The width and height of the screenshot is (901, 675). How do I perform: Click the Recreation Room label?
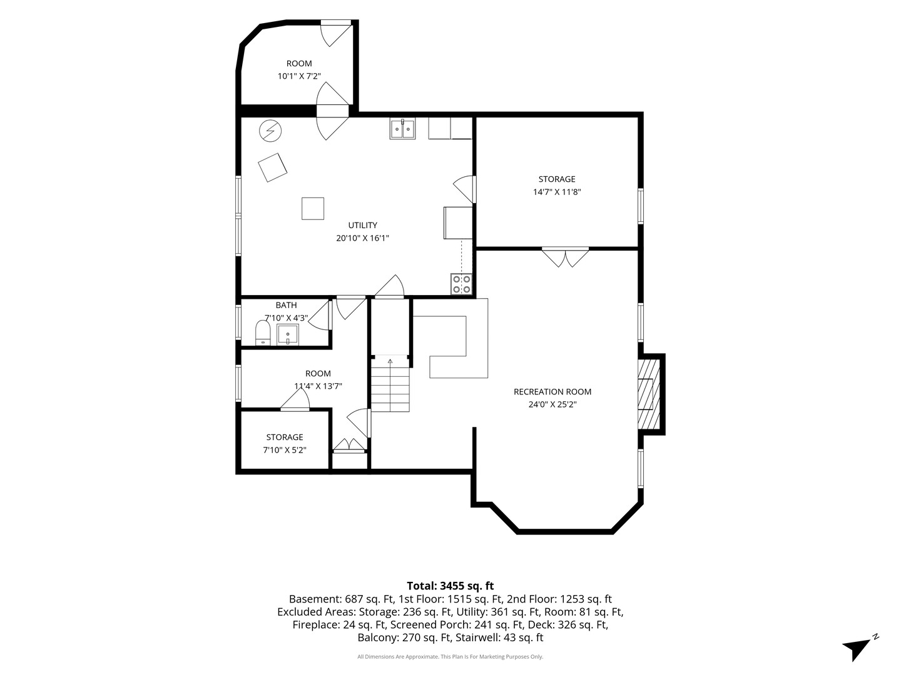pos(552,391)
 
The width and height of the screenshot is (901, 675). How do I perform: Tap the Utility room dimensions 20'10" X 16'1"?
pos(362,237)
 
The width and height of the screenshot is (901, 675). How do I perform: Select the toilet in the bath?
pos(263,332)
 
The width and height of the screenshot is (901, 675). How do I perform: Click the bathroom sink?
pos(287,334)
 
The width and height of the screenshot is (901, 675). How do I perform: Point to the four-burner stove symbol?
pos(461,284)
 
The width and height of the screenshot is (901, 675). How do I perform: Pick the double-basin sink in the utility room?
pos(402,129)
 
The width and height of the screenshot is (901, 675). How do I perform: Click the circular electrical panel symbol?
pos(270,131)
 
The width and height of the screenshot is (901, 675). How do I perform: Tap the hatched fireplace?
pos(649,394)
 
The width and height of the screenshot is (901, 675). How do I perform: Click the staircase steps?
pos(390,384)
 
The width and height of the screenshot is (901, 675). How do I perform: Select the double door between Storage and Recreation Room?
pos(565,257)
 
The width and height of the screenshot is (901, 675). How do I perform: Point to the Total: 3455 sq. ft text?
pos(450,585)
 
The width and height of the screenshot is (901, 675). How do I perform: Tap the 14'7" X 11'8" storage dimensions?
pos(557,191)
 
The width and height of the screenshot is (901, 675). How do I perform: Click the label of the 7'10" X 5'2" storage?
pos(285,437)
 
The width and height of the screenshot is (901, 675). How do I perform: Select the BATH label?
pos(286,305)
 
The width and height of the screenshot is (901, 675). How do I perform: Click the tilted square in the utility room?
pos(272,167)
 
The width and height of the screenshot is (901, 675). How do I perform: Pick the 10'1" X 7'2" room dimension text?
pos(299,76)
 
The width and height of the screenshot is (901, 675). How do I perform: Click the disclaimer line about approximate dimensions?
pos(450,656)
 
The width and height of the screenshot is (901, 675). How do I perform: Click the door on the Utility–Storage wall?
pos(465,189)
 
